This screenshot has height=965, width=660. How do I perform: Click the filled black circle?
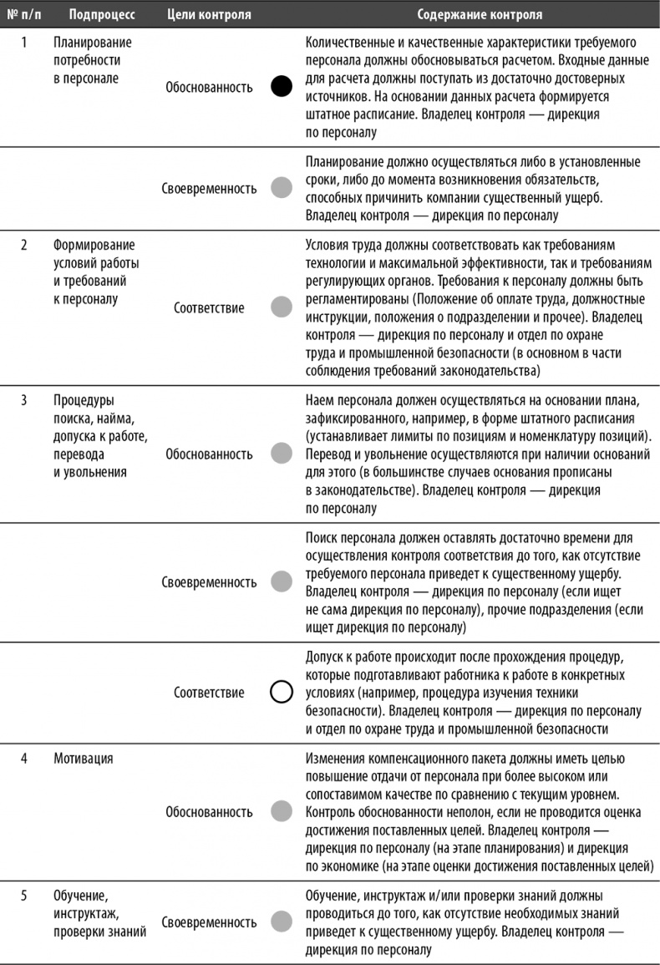[282, 86]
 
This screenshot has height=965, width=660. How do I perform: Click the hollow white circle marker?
[282, 693]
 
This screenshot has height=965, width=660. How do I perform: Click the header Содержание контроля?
[479, 14]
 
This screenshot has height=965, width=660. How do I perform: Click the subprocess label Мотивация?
[84, 759]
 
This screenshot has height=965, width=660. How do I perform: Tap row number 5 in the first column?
[23, 896]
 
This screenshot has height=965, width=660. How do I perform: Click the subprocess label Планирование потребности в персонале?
[92, 60]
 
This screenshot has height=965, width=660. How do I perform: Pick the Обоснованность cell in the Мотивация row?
[209, 811]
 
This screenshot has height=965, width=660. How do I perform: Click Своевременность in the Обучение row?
[209, 922]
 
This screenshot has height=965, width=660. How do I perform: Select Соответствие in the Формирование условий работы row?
[209, 308]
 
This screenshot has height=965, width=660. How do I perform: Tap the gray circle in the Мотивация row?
[282, 811]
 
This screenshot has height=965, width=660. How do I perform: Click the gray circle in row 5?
[282, 922]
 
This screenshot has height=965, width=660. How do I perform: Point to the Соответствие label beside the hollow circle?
[209, 693]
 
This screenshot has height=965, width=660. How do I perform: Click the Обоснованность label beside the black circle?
[209, 86]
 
